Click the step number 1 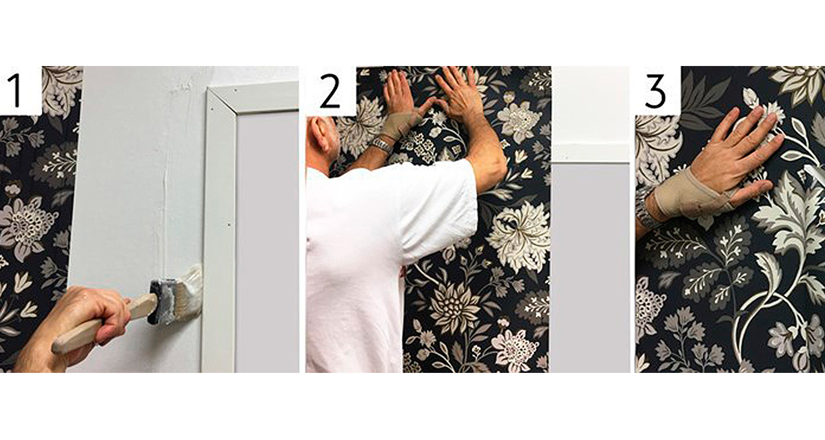point(15,91)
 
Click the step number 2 point(329,91)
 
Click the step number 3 point(655,91)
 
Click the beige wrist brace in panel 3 point(688,195)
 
